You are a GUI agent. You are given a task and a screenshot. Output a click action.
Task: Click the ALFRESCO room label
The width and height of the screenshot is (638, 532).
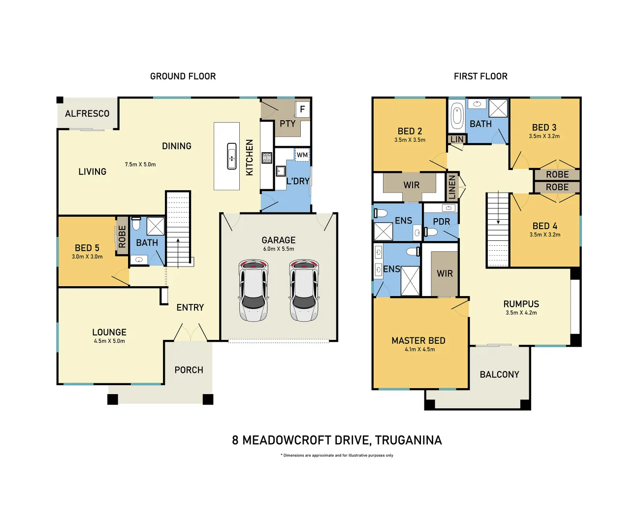pyautogui.click(x=87, y=114)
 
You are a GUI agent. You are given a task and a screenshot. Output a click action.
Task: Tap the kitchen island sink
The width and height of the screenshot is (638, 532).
pyautogui.click(x=232, y=157)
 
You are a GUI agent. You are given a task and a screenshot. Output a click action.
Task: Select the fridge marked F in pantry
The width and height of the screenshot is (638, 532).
pyautogui.click(x=302, y=109)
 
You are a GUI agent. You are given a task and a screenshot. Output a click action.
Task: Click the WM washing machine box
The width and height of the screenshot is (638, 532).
pyautogui.click(x=302, y=155)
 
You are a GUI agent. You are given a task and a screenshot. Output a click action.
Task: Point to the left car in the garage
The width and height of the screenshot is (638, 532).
pyautogui.click(x=253, y=291)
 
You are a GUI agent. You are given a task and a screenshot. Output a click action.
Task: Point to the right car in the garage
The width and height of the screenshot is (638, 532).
pyautogui.click(x=304, y=291)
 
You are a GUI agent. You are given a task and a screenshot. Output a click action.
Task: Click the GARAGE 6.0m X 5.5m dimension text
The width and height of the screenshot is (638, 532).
pyautogui.click(x=279, y=249)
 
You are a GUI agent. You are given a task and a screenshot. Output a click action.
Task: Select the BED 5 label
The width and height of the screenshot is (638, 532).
pyautogui.click(x=87, y=248)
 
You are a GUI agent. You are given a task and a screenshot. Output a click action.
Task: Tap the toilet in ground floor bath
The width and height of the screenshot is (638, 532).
pyautogui.click(x=136, y=224)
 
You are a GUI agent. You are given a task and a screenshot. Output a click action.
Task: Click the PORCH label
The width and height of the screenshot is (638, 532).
pyautogui.click(x=189, y=370)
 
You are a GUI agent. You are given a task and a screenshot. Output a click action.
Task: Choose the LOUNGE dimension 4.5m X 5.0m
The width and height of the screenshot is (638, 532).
pyautogui.click(x=109, y=341)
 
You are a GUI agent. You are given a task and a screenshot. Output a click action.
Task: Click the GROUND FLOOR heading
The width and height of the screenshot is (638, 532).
pyautogui.click(x=183, y=76)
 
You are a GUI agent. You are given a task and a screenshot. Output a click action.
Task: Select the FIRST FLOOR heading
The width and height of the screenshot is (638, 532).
pyautogui.click(x=480, y=76)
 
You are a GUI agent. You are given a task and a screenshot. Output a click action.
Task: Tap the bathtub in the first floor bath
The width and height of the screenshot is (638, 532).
pyautogui.click(x=457, y=116)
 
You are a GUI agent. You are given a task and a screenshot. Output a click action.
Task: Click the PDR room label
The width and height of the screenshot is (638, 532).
pyautogui.click(x=441, y=222)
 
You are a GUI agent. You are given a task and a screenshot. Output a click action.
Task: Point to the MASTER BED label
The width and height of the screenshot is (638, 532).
pyautogui.click(x=418, y=340)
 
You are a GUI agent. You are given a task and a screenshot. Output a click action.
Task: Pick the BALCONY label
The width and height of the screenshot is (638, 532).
pyautogui.click(x=499, y=374)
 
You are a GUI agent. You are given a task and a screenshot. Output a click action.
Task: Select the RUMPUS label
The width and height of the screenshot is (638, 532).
pyautogui.click(x=521, y=304)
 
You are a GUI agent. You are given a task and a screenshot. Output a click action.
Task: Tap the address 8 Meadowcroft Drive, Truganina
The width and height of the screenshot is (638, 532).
pyautogui.click(x=337, y=440)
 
